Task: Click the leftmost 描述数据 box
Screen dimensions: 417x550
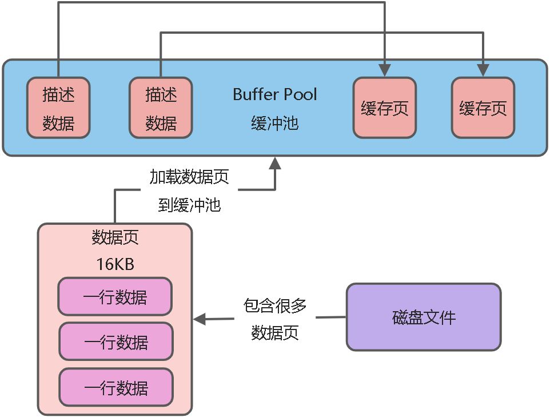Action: coord(58,108)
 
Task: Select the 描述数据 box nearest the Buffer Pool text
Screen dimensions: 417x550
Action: coord(161,108)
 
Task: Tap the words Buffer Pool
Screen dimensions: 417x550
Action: coord(275,94)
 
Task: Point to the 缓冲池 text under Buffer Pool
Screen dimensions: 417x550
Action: coord(275,123)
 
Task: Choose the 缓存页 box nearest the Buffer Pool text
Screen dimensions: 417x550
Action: coord(385,108)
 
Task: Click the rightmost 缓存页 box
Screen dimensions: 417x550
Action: coord(483,108)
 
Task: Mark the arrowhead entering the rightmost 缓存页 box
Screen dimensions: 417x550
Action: coord(483,70)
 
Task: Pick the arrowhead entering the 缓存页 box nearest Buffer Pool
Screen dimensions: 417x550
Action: coord(385,70)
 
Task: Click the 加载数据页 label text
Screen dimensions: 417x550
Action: coord(189,177)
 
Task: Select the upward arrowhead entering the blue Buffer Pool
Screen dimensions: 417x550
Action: coord(276,164)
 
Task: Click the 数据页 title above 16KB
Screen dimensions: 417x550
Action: coord(115,237)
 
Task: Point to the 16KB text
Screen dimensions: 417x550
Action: coord(115,264)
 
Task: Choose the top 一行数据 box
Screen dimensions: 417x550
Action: coord(115,297)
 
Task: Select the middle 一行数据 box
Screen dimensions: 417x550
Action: coord(115,341)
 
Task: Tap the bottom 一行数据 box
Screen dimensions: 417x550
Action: coord(115,387)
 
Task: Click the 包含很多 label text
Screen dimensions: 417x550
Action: coord(275,305)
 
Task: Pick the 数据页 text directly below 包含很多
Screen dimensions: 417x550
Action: coord(275,332)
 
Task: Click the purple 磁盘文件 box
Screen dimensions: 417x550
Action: coord(424,317)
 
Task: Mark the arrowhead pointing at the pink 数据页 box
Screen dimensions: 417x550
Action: coord(200,319)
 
